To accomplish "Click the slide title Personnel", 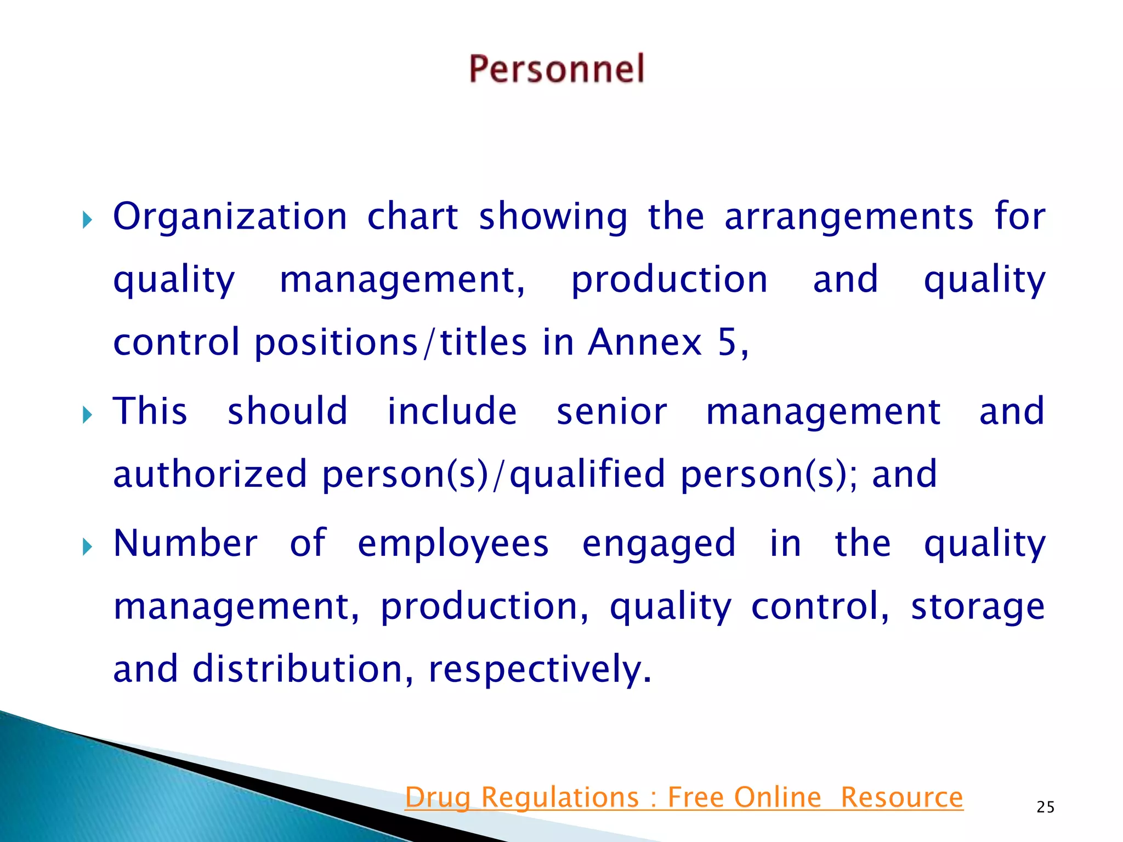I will click(x=557, y=70).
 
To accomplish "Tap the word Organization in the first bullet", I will click(x=230, y=217).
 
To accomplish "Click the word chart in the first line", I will click(x=412, y=217).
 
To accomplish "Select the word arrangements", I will click(x=849, y=217).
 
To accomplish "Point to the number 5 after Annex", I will click(x=727, y=343).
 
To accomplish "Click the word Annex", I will click(x=645, y=343).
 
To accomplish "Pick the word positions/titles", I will click(x=391, y=343).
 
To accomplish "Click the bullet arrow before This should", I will click(x=87, y=414).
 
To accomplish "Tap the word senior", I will click(x=612, y=412).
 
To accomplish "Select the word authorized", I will click(x=209, y=474).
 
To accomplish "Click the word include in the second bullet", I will click(x=452, y=412).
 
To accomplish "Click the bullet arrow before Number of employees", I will click(x=87, y=547).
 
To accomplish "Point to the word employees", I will click(x=453, y=545).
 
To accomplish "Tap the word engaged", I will click(x=659, y=545).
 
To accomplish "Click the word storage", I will click(x=978, y=607).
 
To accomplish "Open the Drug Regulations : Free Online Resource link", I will click(x=684, y=798).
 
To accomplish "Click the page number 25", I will click(x=1045, y=807).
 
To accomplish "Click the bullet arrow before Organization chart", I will click(x=87, y=221).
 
